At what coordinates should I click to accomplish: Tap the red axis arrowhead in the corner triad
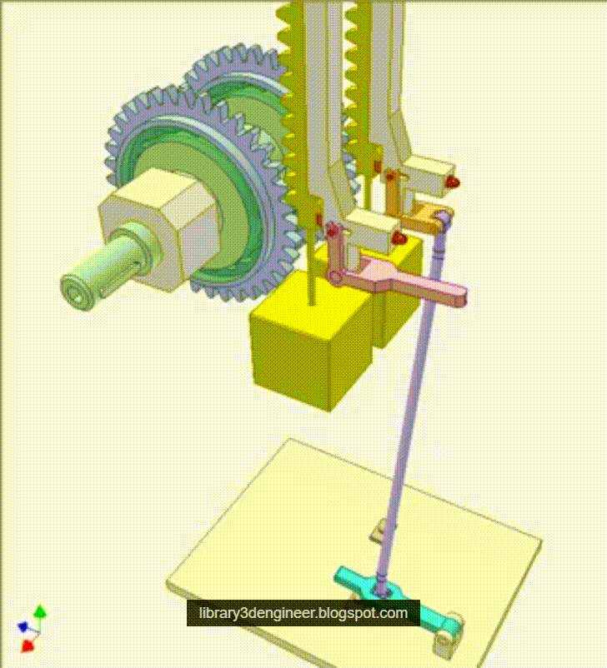point(28,644)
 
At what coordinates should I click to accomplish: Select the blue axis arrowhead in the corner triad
point(23,626)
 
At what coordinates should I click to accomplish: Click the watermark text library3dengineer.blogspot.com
point(303,614)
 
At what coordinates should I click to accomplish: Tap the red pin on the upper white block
point(452,182)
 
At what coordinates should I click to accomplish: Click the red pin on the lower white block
point(399,239)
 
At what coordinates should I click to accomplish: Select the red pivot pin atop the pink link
point(333,228)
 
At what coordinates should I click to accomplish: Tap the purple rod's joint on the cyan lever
point(382,587)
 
